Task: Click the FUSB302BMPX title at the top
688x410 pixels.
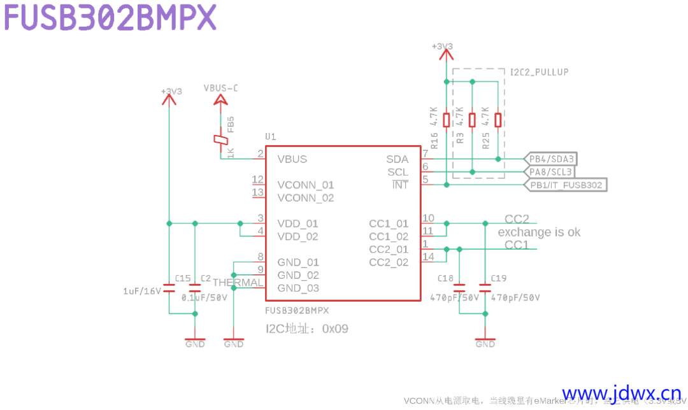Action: tap(110, 18)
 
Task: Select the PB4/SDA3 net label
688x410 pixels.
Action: tap(552, 159)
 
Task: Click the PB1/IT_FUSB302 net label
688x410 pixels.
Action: tap(566, 185)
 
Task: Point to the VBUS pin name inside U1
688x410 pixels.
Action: tap(292, 159)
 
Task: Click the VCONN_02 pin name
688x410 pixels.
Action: tap(306, 198)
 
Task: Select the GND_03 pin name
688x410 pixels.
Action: tap(298, 288)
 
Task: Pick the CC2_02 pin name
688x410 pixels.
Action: tap(389, 262)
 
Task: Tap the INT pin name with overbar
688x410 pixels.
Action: tap(400, 185)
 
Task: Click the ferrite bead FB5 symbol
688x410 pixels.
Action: tap(220, 141)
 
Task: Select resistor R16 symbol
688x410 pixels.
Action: tap(447, 120)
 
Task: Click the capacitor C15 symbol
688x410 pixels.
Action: tap(169, 288)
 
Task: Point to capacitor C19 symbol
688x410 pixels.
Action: tap(485, 288)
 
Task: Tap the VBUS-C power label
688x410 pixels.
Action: tap(220, 88)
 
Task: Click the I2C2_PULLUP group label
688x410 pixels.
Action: tap(540, 73)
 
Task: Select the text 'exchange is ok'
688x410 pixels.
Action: tap(539, 232)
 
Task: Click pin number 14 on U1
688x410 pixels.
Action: tap(428, 257)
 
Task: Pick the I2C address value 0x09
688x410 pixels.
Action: tap(335, 329)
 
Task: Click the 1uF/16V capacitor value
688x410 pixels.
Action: tap(142, 291)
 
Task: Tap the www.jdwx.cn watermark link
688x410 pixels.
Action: tap(621, 394)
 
